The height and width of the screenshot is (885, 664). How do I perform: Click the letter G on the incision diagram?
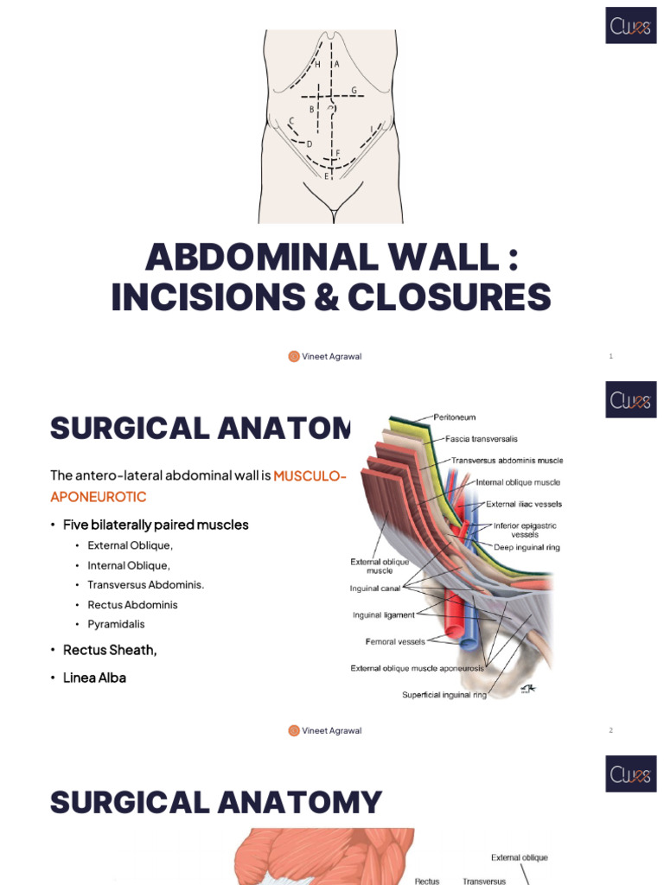[354, 90]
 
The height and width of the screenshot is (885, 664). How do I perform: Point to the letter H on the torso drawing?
[317, 65]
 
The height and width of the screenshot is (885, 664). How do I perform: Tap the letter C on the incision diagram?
[291, 121]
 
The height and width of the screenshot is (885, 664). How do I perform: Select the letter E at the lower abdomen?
[326, 176]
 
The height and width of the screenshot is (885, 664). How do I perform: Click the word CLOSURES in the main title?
[450, 297]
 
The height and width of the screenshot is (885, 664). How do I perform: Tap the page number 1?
[610, 356]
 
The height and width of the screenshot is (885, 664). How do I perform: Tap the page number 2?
[610, 730]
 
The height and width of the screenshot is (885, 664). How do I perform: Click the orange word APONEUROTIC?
[99, 497]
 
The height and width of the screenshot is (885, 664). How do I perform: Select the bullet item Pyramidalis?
[116, 624]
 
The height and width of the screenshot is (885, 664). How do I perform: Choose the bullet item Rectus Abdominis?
[132, 605]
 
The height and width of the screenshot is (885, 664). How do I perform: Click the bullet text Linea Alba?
[94, 678]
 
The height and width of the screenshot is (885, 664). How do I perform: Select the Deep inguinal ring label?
[527, 547]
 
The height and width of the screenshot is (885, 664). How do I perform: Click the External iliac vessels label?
[524, 504]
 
